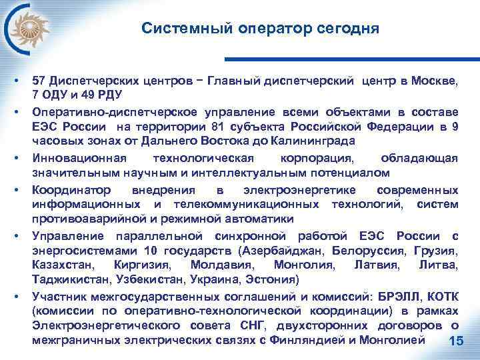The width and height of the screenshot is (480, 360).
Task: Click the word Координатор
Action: pyautogui.click(x=69, y=189)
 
